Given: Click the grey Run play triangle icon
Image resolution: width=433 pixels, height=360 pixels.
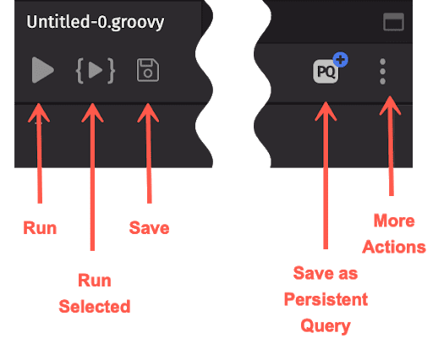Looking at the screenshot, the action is coord(42,70).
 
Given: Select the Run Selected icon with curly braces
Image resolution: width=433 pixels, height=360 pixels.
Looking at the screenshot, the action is coord(96,70).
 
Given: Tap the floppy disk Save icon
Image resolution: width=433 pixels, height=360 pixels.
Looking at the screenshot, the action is coord(148,70).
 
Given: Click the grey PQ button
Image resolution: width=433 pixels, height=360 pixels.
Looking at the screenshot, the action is coord(326,71).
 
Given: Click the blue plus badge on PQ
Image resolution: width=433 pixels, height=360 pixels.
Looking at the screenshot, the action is coord(341,59).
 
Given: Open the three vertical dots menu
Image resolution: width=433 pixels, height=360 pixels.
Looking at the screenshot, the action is coord(382,71).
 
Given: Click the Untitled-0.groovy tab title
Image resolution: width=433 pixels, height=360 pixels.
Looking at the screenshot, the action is coord(96,22).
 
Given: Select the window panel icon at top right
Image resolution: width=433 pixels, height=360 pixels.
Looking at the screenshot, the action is coord(393,22).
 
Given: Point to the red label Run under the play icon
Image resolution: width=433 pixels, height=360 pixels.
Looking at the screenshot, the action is coord(40,228).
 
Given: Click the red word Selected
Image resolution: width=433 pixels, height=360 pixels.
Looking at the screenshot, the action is coord(95,307).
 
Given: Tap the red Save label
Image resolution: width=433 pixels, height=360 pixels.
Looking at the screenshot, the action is coord(149,228).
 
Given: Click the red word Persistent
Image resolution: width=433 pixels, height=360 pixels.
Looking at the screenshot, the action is coord(326,299).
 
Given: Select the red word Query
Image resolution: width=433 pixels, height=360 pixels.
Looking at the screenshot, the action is coord(326,326).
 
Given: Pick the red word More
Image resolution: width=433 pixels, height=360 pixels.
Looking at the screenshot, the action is coord(394,221).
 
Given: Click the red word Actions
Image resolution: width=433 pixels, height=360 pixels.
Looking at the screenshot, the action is coord(394,247).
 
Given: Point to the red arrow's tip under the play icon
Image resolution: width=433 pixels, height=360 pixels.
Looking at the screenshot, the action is coord(39,104).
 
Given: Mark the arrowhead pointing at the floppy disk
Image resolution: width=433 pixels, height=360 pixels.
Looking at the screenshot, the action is coord(148,104).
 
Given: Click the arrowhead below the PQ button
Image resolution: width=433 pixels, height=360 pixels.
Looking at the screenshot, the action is coord(326,102).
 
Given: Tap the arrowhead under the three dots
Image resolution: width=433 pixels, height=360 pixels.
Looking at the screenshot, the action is coord(390,96).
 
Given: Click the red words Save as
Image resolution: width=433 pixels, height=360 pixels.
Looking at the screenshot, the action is coord(326,273).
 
